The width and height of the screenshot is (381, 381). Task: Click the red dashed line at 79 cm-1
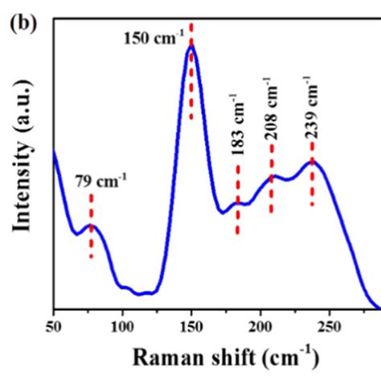(x=92, y=225)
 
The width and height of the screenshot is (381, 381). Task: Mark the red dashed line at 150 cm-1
(x=191, y=72)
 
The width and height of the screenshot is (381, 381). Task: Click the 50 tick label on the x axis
(x=53, y=326)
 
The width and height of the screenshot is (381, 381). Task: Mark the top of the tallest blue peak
(x=191, y=46)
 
